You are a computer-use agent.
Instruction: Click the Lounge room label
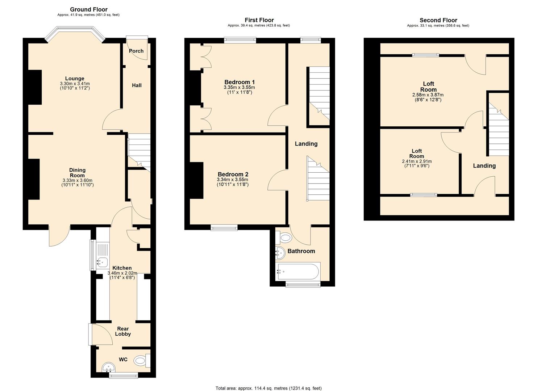[x=75, y=79]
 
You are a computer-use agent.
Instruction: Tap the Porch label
[x=136, y=51]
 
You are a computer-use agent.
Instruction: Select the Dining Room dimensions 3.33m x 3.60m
[x=77, y=180]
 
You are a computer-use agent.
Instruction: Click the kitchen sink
[x=102, y=261]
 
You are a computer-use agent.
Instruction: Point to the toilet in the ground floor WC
[x=141, y=361]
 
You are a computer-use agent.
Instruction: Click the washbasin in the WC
[x=108, y=368]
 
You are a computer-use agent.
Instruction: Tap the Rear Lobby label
[x=123, y=331]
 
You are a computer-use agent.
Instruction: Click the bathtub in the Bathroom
[x=298, y=272]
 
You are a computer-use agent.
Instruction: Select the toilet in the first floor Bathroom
[x=284, y=238]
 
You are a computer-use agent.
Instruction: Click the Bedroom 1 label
[x=239, y=82]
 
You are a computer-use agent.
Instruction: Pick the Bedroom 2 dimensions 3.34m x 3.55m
[x=232, y=180]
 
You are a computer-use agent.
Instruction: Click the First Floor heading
[x=259, y=20]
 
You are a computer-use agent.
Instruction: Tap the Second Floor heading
[x=438, y=20]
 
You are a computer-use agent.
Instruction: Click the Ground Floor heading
[x=88, y=9]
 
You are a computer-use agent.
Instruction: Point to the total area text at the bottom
[x=268, y=388]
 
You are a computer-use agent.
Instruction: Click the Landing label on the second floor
[x=484, y=166]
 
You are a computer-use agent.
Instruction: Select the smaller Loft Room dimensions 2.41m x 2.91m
[x=417, y=161]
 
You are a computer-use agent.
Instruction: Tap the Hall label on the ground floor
[x=137, y=85]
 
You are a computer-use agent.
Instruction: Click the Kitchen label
[x=122, y=268]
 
